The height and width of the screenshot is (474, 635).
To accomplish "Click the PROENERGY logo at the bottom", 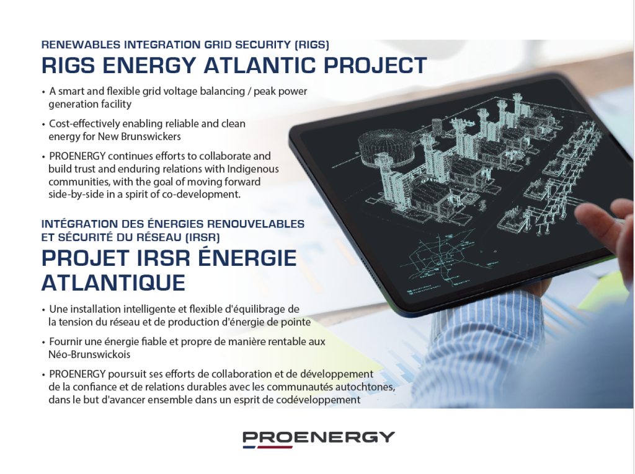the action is [x=318, y=439].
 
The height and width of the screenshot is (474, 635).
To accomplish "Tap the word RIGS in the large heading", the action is [x=68, y=65].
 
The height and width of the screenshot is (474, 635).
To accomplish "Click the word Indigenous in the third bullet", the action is [x=253, y=169].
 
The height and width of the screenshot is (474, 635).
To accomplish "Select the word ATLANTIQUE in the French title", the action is [x=113, y=283].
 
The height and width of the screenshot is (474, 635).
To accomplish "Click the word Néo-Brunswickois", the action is [x=89, y=354].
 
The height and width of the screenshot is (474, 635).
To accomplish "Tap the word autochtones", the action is [x=368, y=387].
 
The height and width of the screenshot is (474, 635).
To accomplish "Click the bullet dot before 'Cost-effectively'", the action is [x=43, y=125].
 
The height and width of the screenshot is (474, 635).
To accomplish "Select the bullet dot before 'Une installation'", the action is [x=43, y=310].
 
